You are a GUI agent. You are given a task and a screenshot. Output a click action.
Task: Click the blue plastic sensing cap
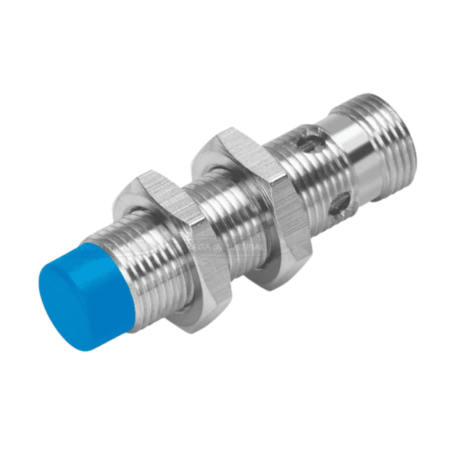coord(84,295)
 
